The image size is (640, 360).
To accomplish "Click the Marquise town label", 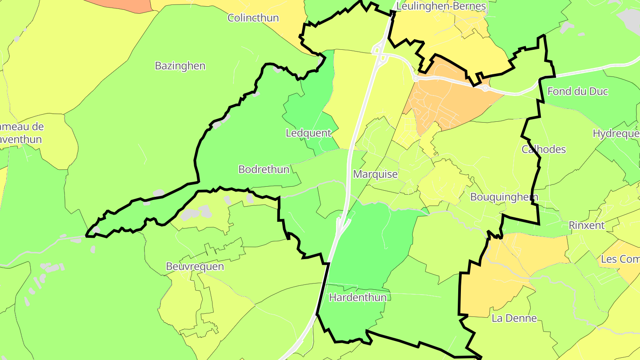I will coord(375,174).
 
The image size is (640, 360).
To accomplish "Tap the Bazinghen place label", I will coord(180,66).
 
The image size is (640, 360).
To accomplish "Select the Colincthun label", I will coord(253,18).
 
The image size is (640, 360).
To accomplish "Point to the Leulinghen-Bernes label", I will coord(440,6).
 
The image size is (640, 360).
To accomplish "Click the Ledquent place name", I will coord(308,133).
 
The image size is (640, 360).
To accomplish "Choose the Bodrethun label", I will coord(264,169).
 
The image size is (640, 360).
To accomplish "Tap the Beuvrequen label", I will coord(195,266).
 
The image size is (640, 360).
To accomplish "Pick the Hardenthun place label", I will coord(357,297).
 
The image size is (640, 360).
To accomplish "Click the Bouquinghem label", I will coord(504,197).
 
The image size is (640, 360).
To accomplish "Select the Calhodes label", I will coord(544,149).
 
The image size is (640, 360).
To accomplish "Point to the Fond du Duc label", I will coord(577,92).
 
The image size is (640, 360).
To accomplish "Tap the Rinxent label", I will coord(586,225).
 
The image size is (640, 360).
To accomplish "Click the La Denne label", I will coord(514,318).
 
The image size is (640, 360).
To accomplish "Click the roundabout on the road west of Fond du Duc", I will coord(485,88).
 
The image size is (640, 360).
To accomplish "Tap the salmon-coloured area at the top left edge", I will coord(122,4).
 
